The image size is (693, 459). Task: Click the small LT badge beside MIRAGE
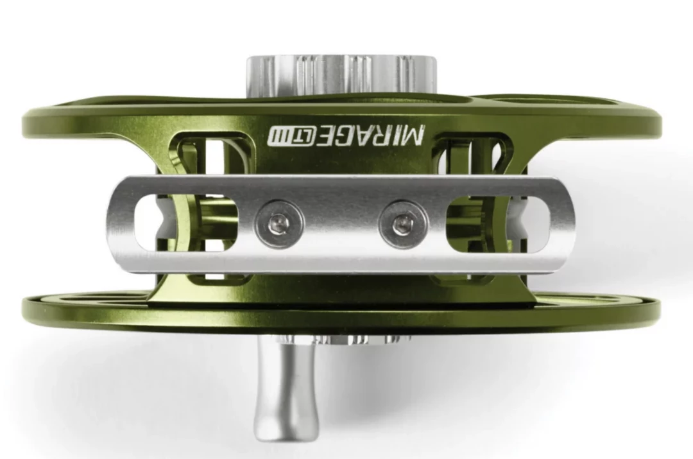[303, 135]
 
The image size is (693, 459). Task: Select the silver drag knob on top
[341, 75]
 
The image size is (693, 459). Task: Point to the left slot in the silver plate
[186, 223]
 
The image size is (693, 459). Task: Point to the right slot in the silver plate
[498, 223]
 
